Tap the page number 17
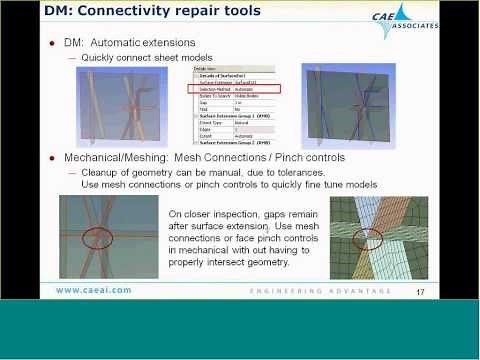[421, 291]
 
